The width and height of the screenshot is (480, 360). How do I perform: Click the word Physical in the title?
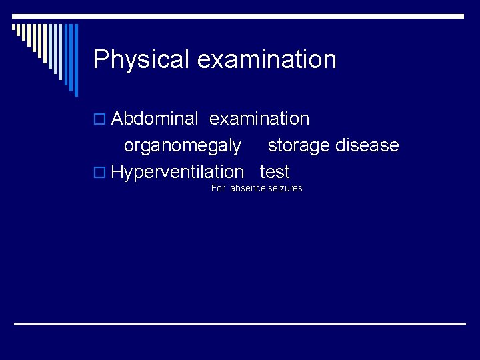[142, 59]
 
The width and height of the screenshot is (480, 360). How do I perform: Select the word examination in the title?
[267, 59]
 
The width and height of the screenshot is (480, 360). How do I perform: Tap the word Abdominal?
[155, 119]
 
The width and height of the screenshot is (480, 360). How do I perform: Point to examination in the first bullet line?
[259, 119]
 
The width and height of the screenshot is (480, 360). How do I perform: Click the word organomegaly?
[183, 145]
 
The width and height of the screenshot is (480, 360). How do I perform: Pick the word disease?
[369, 145]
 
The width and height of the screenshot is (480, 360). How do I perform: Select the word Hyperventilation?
[177, 172]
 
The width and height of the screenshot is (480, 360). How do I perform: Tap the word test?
[275, 172]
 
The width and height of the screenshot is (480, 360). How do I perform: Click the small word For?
[218, 189]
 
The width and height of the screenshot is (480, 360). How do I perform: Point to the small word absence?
[247, 189]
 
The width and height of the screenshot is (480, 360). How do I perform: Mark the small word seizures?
[285, 189]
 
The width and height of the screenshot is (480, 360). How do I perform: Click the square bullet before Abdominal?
[99, 120]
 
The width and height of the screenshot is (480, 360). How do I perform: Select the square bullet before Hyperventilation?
[99, 173]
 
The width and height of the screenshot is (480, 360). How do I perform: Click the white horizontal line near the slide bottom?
[240, 323]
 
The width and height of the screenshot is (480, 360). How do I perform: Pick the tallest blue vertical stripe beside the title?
[75, 60]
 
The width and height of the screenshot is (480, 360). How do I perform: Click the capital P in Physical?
[101, 59]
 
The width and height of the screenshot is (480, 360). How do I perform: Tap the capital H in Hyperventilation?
[119, 172]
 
